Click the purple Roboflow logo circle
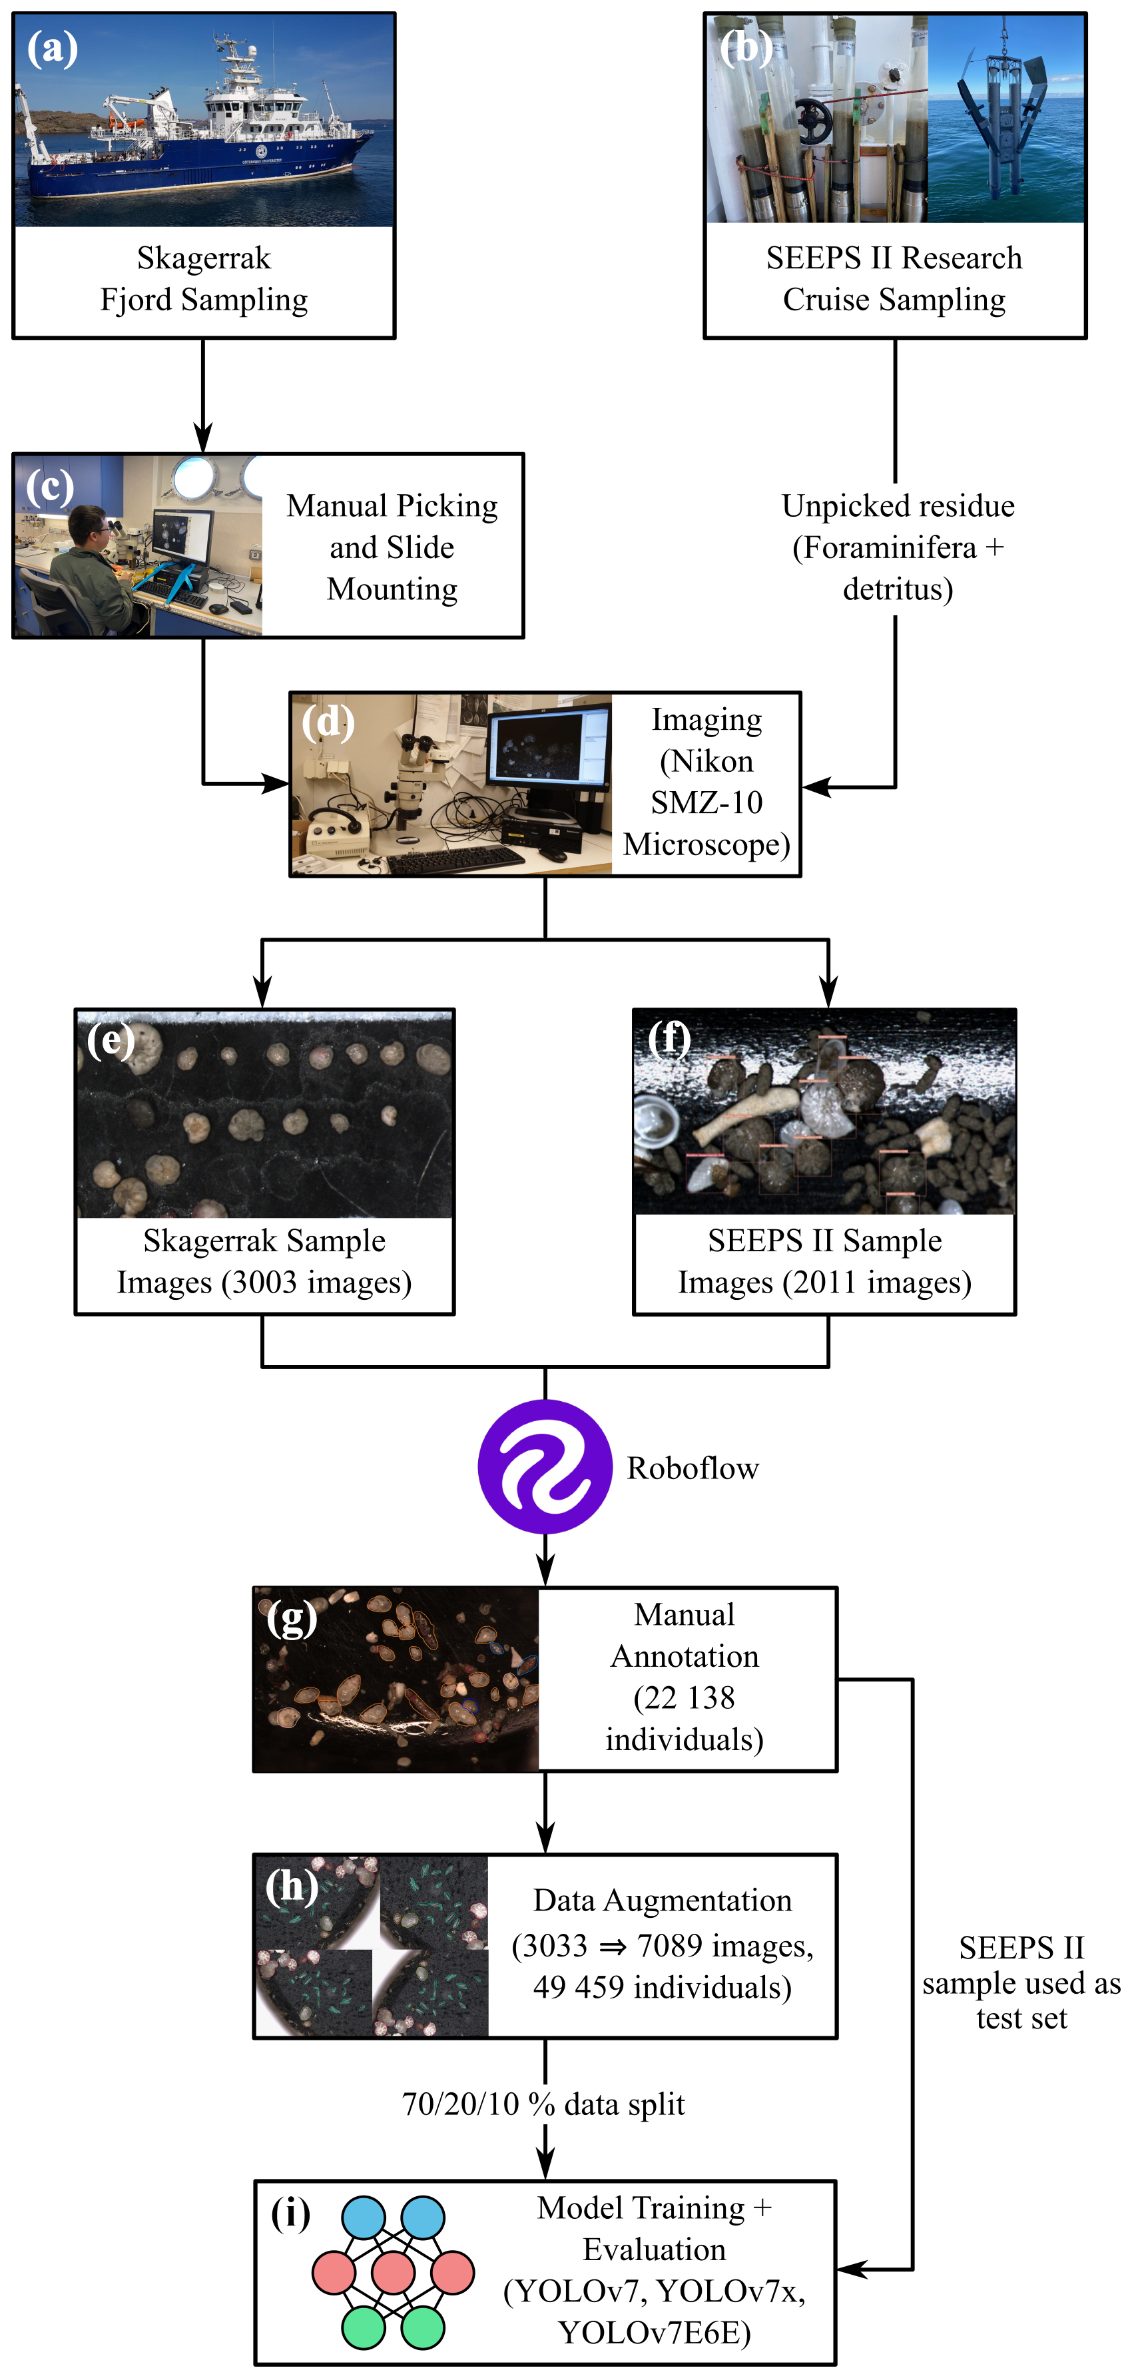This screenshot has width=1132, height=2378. [x=545, y=1467]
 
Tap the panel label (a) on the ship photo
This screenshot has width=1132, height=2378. [x=52, y=48]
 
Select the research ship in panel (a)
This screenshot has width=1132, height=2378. [x=198, y=139]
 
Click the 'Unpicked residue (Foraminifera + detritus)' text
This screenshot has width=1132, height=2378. [x=898, y=547]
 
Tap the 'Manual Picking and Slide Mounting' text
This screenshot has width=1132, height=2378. [x=392, y=547]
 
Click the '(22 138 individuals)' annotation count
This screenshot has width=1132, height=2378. [x=684, y=1719]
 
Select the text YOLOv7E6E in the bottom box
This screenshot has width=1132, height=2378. [x=654, y=2333]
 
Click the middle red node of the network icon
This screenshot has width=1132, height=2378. [x=394, y=2273]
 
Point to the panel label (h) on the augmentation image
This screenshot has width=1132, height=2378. [x=292, y=1887]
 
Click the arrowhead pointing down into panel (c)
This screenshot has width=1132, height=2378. [x=203, y=438]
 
